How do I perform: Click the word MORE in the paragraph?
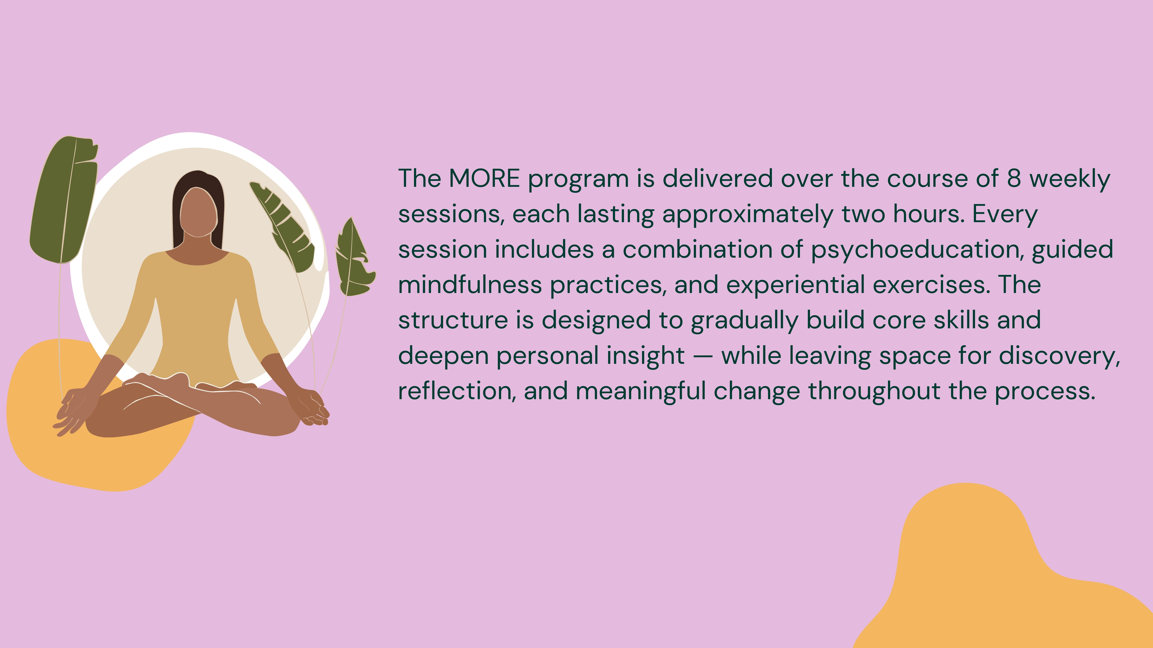click(x=484, y=178)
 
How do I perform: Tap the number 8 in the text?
click(x=1014, y=178)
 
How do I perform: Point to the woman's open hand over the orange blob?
click(x=72, y=411)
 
